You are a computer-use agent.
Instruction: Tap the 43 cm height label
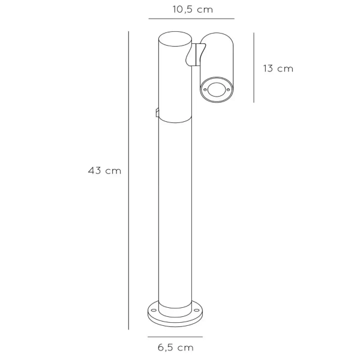[x=104, y=171]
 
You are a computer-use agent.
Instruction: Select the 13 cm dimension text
[x=278, y=68]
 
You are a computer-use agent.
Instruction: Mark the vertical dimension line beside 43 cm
[x=128, y=180]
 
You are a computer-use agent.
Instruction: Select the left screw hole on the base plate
[x=153, y=310]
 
